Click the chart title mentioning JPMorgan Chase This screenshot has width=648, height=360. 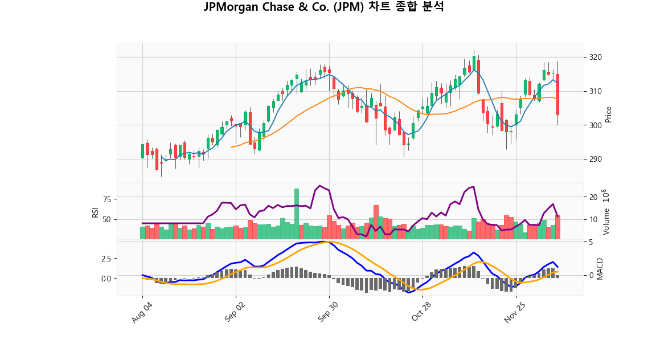click(323, 7)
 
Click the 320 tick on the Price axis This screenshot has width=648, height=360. click(596, 58)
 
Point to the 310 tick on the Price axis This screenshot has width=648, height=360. click(596, 91)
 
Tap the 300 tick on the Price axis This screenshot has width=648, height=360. click(596, 125)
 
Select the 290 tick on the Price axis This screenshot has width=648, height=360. click(596, 159)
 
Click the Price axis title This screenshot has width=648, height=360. click(609, 114)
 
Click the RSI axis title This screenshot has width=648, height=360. click(96, 212)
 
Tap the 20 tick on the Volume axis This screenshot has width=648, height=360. click(593, 197)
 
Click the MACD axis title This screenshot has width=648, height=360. click(600, 268)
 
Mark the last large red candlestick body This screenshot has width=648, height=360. click(558, 95)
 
